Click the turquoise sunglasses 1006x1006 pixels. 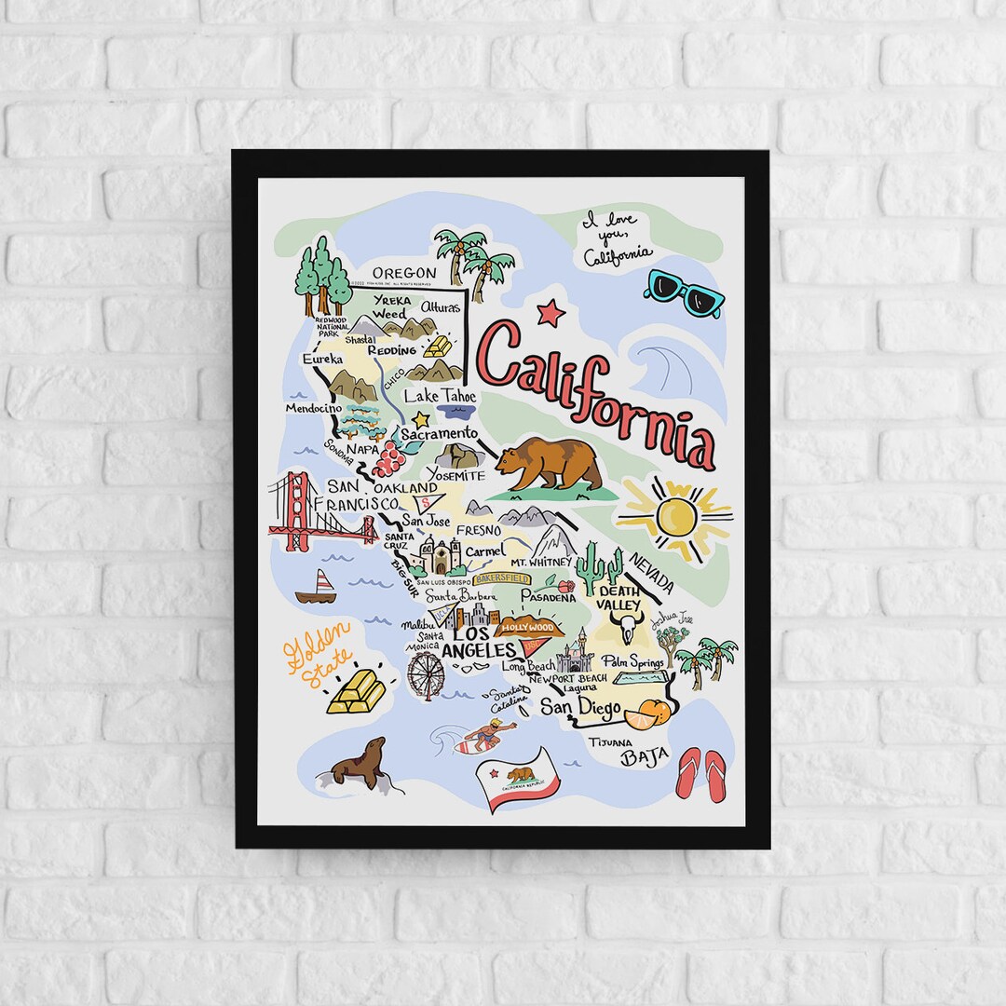click(x=685, y=292)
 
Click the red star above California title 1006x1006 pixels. click(x=551, y=312)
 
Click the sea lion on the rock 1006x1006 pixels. click(x=360, y=765)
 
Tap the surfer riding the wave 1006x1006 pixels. click(x=487, y=735)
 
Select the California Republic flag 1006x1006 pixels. click(x=518, y=781)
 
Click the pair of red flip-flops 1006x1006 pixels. click(x=700, y=773)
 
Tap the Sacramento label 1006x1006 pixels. click(x=440, y=434)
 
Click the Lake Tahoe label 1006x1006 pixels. click(x=440, y=396)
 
